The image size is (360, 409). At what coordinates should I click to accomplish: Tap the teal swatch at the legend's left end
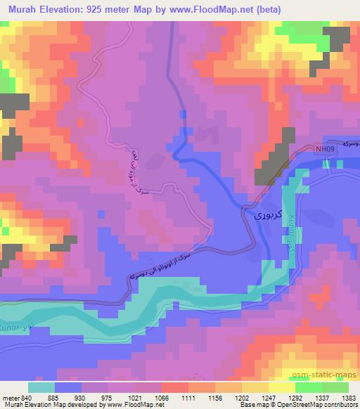[x=41, y=387]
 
